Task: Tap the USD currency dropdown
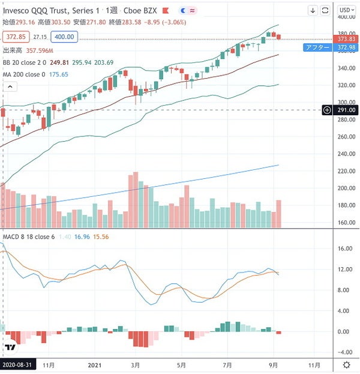[346, 10]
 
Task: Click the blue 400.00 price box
[64, 37]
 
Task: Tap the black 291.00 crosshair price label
[345, 110]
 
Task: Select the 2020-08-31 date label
[17, 364]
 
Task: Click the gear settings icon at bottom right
[346, 364]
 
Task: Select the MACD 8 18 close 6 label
[29, 237]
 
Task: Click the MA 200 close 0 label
[25, 74]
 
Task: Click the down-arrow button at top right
[313, 10]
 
